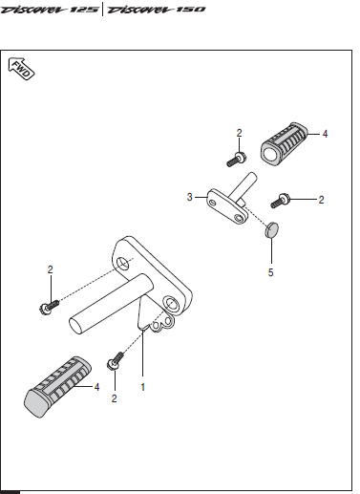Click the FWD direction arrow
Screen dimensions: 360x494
pyautogui.click(x=21, y=69)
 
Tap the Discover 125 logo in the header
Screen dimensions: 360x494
pyautogui.click(x=50, y=10)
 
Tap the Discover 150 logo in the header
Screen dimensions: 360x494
pyautogui.click(x=156, y=10)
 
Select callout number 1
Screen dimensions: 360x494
pyautogui.click(x=143, y=387)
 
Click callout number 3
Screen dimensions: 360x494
pyautogui.click(x=190, y=197)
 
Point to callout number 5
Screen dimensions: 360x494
pyautogui.click(x=270, y=272)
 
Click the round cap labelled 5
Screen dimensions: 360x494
pyautogui.click(x=271, y=230)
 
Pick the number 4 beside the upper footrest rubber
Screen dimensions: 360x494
pyautogui.click(x=325, y=134)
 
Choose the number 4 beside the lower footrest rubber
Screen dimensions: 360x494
pyautogui.click(x=96, y=387)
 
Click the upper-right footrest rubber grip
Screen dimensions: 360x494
pyautogui.click(x=284, y=143)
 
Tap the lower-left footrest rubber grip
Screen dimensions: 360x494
pyautogui.click(x=57, y=387)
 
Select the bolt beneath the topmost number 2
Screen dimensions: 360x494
pyautogui.click(x=237, y=160)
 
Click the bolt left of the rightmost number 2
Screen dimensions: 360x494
pyautogui.click(x=280, y=201)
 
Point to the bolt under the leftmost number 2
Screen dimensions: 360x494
pyautogui.click(x=49, y=307)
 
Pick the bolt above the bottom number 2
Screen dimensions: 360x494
pyautogui.click(x=116, y=361)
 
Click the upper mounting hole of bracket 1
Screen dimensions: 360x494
pyautogui.click(x=123, y=264)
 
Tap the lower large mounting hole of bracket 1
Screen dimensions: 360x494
pyautogui.click(x=171, y=304)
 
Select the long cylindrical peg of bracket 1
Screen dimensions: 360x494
pyautogui.click(x=112, y=304)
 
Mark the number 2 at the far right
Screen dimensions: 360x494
pyautogui.click(x=321, y=200)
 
